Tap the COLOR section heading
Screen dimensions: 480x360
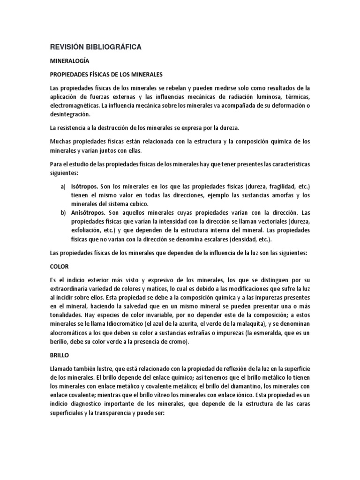click(60, 266)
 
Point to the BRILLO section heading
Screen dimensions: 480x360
click(60, 356)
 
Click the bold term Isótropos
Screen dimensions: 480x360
click(85, 187)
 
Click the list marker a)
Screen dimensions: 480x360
click(63, 187)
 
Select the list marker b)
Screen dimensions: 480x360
click(63, 212)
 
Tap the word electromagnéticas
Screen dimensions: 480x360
click(76, 105)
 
